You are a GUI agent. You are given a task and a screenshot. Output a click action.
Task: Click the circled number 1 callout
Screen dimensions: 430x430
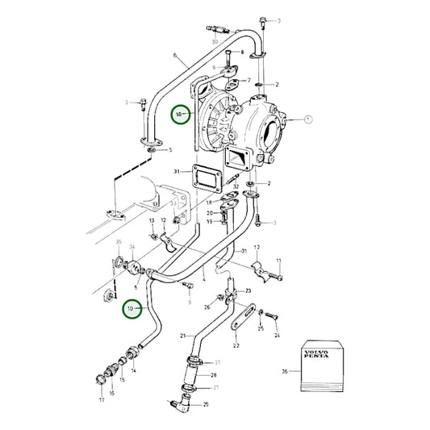[307, 119]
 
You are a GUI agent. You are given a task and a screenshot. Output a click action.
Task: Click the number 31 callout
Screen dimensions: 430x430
[177, 171]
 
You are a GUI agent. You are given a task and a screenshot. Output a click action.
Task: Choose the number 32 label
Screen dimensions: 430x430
[236, 187]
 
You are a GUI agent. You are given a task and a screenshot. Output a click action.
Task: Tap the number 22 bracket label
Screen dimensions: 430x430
[236, 344]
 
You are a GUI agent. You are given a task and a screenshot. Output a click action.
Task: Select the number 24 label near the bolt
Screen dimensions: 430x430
[276, 334]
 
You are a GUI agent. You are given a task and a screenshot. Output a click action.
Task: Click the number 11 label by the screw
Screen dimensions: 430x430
[279, 261]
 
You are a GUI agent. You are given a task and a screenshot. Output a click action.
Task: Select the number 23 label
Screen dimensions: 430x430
[248, 291]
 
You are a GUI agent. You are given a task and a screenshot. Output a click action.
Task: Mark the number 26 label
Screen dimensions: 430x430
[207, 307]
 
